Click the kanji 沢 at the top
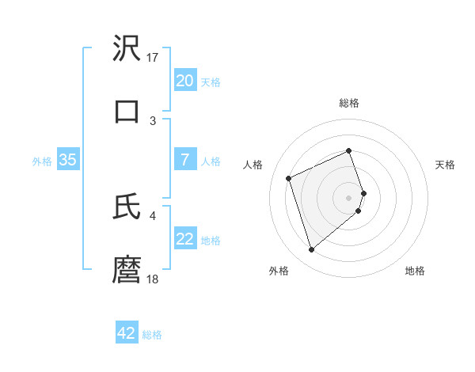127,48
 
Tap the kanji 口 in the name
127,110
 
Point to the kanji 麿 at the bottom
127,269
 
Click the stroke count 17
153,57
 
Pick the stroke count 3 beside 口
153,120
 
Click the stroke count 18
153,279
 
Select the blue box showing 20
184,81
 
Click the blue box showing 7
184,160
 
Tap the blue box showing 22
184,239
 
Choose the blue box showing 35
67,160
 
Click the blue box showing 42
127,333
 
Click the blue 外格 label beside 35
42,161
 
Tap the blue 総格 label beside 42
152,335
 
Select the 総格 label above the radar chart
349,103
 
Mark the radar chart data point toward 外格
311,250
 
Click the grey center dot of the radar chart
349,196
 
